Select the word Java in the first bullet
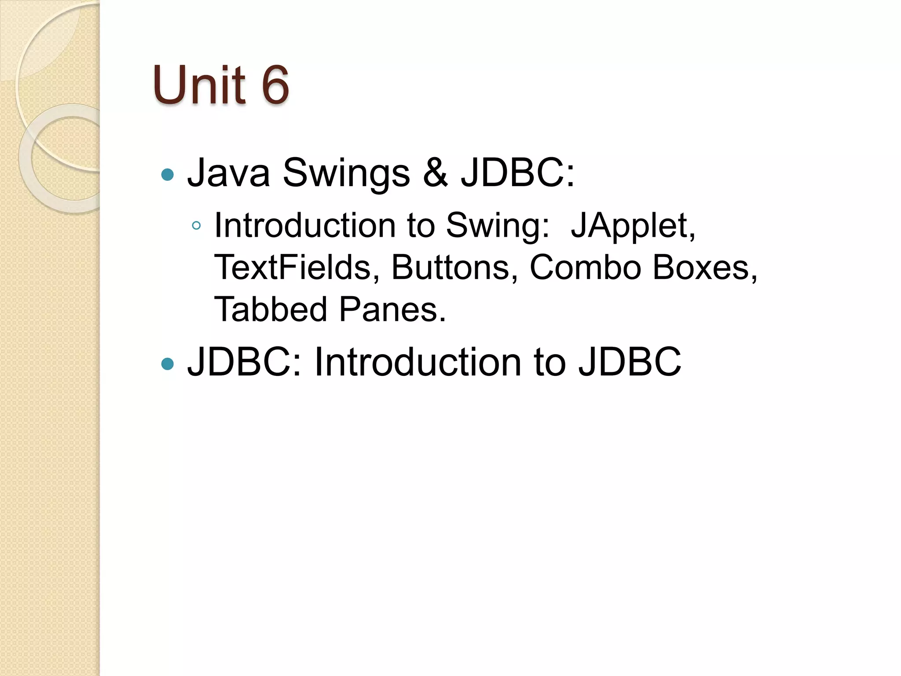[x=228, y=173]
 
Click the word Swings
[x=346, y=173]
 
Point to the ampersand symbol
[x=435, y=173]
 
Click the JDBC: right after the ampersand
[x=517, y=173]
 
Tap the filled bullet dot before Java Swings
[x=168, y=175]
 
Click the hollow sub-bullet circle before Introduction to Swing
[x=197, y=226]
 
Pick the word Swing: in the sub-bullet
[x=498, y=226]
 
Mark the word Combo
[x=586, y=267]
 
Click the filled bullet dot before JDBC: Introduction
[x=168, y=364]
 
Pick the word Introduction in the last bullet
[x=418, y=362]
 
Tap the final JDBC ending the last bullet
[x=630, y=362]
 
